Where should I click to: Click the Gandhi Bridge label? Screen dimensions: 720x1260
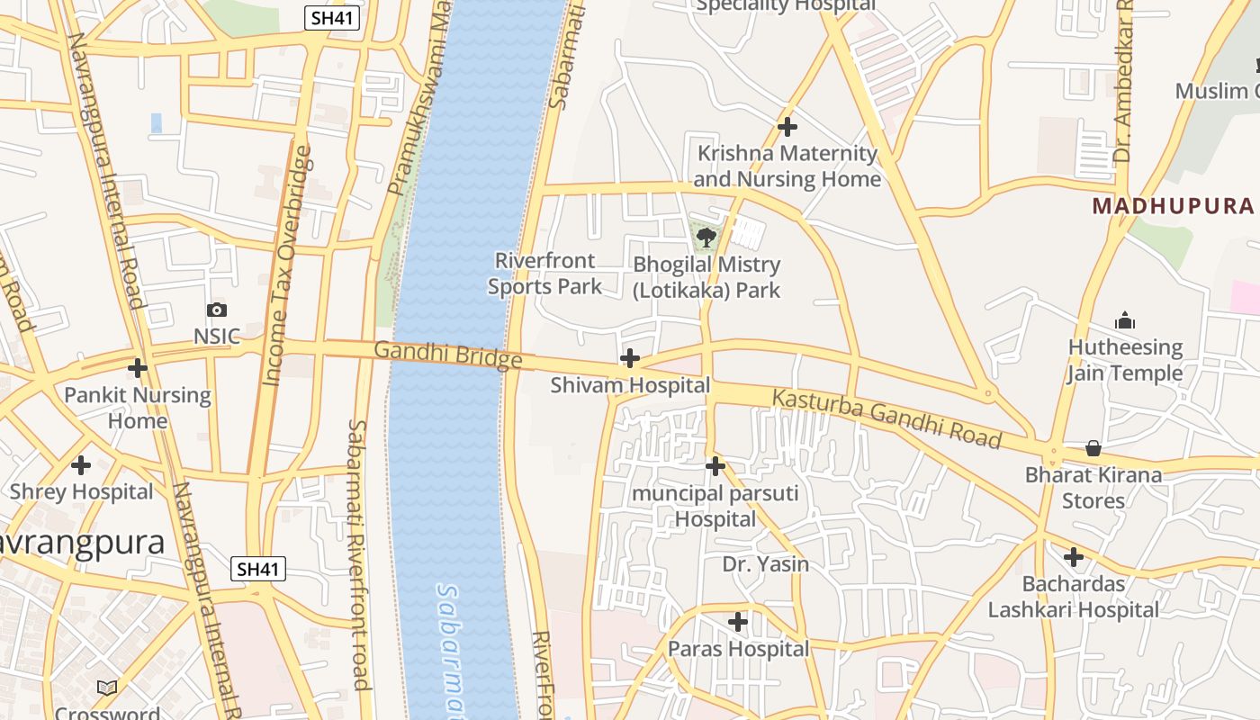pyautogui.click(x=447, y=355)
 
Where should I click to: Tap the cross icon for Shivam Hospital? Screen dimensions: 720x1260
pyautogui.click(x=630, y=359)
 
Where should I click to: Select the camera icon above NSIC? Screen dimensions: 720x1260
pyautogui.click(x=217, y=310)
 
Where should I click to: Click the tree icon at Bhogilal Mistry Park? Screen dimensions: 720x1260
pyautogui.click(x=706, y=238)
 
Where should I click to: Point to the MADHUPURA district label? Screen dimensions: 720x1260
pyautogui.click(x=1173, y=206)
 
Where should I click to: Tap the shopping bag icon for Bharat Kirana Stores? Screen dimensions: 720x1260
pyautogui.click(x=1093, y=447)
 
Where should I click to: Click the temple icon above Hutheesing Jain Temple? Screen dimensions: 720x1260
pyautogui.click(x=1125, y=320)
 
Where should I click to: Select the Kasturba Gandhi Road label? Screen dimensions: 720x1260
pyautogui.click(x=886, y=418)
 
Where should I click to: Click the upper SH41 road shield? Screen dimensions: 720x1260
pyautogui.click(x=332, y=18)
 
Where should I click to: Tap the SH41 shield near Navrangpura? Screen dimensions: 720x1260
pyautogui.click(x=258, y=569)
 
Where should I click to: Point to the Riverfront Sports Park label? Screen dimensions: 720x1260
pyautogui.click(x=544, y=274)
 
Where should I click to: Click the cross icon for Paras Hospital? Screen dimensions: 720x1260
pyautogui.click(x=738, y=622)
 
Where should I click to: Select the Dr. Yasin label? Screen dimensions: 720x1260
pyautogui.click(x=766, y=564)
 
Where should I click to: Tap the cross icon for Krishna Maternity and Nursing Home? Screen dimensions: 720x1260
pyautogui.click(x=787, y=127)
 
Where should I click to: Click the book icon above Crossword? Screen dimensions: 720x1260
pyautogui.click(x=107, y=688)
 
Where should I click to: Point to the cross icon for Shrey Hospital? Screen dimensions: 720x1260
pyautogui.click(x=81, y=465)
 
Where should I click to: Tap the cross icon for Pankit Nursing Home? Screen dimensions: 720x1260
pyautogui.click(x=138, y=368)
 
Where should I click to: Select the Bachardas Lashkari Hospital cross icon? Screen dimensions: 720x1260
pyautogui.click(x=1074, y=557)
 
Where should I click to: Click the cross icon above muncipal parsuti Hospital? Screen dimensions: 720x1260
pyautogui.click(x=715, y=466)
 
